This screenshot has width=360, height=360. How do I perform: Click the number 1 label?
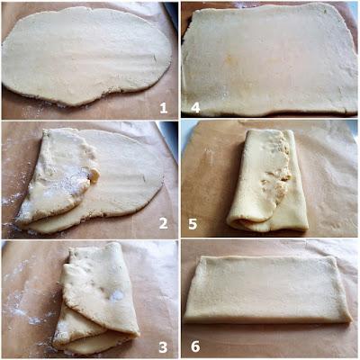pos(164,108)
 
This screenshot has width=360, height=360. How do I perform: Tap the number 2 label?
pos(164,223)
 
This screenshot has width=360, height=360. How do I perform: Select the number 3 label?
pos(163,347)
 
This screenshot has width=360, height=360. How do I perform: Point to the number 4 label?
pos(195,108)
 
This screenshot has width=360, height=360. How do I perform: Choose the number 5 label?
pos(193,224)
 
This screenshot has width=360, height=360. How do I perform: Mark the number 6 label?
pos(195,346)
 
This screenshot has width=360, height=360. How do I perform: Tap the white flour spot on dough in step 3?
pos(116,296)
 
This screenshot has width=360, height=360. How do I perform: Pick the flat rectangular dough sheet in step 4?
pos(268,60)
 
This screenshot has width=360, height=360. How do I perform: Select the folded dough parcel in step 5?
pos(267,180)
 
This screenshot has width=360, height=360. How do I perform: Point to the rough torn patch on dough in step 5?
pos(277,174)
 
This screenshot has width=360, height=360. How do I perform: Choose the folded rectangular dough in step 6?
pos(267,290)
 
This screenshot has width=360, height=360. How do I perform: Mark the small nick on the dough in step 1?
pos(155,58)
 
